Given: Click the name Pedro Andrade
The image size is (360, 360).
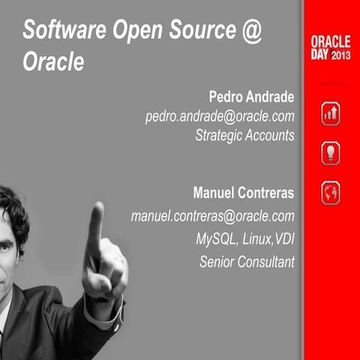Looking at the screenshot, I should [x=252, y=98].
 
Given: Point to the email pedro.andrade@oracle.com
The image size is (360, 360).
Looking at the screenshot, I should [x=219, y=117].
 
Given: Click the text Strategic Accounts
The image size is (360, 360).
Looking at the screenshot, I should [x=244, y=136].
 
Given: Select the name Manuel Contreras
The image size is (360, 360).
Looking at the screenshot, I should [x=243, y=193].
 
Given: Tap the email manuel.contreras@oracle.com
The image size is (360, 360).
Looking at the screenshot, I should [x=212, y=216].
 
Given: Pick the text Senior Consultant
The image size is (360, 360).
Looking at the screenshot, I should [x=247, y=262].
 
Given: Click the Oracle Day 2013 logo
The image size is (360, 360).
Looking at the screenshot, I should [x=330, y=46].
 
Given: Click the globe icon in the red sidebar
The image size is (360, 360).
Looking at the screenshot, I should [x=331, y=193].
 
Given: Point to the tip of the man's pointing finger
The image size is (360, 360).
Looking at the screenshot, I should [x=96, y=208].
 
